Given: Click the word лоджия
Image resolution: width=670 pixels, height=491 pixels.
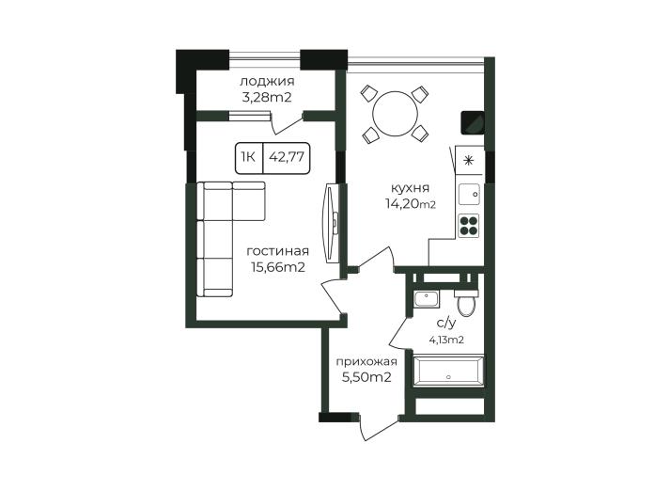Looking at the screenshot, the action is [267, 81].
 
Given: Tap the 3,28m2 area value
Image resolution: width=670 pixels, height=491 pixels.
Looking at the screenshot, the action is [267, 98].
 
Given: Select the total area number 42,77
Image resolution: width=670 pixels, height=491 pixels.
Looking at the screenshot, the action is [287, 157].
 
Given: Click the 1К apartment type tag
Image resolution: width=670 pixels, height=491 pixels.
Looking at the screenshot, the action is [248, 157].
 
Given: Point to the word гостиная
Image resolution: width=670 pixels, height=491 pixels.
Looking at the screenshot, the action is [278, 251].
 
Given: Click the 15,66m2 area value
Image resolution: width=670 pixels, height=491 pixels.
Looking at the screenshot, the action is [278, 267].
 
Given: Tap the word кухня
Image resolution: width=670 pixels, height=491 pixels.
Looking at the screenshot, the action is [411, 188].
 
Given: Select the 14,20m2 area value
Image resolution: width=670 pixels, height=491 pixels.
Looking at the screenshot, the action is [411, 204].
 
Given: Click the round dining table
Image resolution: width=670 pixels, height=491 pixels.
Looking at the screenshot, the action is [396, 114].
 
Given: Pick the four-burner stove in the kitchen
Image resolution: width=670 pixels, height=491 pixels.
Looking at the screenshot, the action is [469, 226].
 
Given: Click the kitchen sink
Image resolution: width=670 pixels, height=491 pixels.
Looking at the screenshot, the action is [469, 195].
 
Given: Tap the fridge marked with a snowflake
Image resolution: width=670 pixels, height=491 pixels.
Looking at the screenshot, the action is [469, 161].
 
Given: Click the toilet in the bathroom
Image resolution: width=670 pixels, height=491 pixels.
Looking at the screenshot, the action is [466, 302].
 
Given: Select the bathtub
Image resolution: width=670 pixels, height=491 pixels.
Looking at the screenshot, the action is [448, 372].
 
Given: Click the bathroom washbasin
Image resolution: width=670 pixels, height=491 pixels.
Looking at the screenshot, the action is [427, 298].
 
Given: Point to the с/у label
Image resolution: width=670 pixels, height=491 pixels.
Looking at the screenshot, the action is [446, 324].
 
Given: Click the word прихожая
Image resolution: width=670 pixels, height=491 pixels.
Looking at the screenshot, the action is [366, 362].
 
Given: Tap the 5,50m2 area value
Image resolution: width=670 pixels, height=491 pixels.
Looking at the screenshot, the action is [366, 378].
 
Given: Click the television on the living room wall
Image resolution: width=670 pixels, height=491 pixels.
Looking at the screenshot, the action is [332, 223].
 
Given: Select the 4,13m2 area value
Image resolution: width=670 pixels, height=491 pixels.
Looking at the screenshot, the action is [446, 341].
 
